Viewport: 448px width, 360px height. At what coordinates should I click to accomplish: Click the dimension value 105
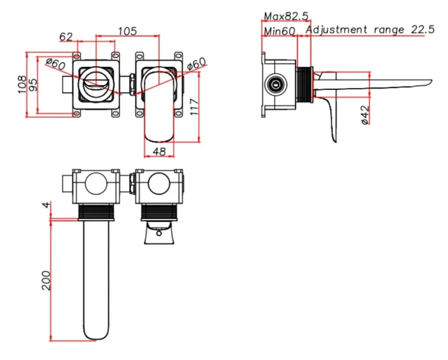128,30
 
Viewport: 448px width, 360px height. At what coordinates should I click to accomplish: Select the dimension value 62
66,37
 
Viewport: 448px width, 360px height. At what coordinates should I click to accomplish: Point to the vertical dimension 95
33,84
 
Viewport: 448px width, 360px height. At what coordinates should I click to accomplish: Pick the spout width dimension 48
159,151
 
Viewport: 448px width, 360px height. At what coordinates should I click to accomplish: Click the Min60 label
280,30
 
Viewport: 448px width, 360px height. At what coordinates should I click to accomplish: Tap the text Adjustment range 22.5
370,30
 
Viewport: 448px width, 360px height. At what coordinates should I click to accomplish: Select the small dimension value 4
46,205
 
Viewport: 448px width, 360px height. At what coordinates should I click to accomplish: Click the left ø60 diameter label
55,63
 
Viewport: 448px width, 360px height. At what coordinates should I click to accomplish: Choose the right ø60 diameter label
196,64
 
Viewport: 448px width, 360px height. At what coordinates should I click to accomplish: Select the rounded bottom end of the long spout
96,333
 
